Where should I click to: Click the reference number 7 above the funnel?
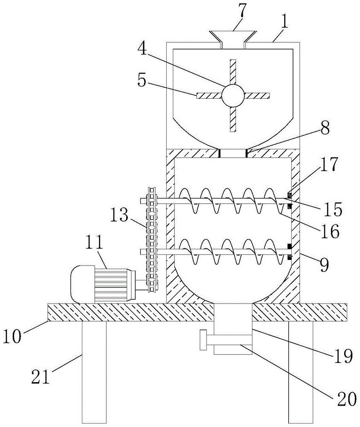241,12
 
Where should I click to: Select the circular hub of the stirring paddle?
232,95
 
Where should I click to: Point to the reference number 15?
332,210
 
